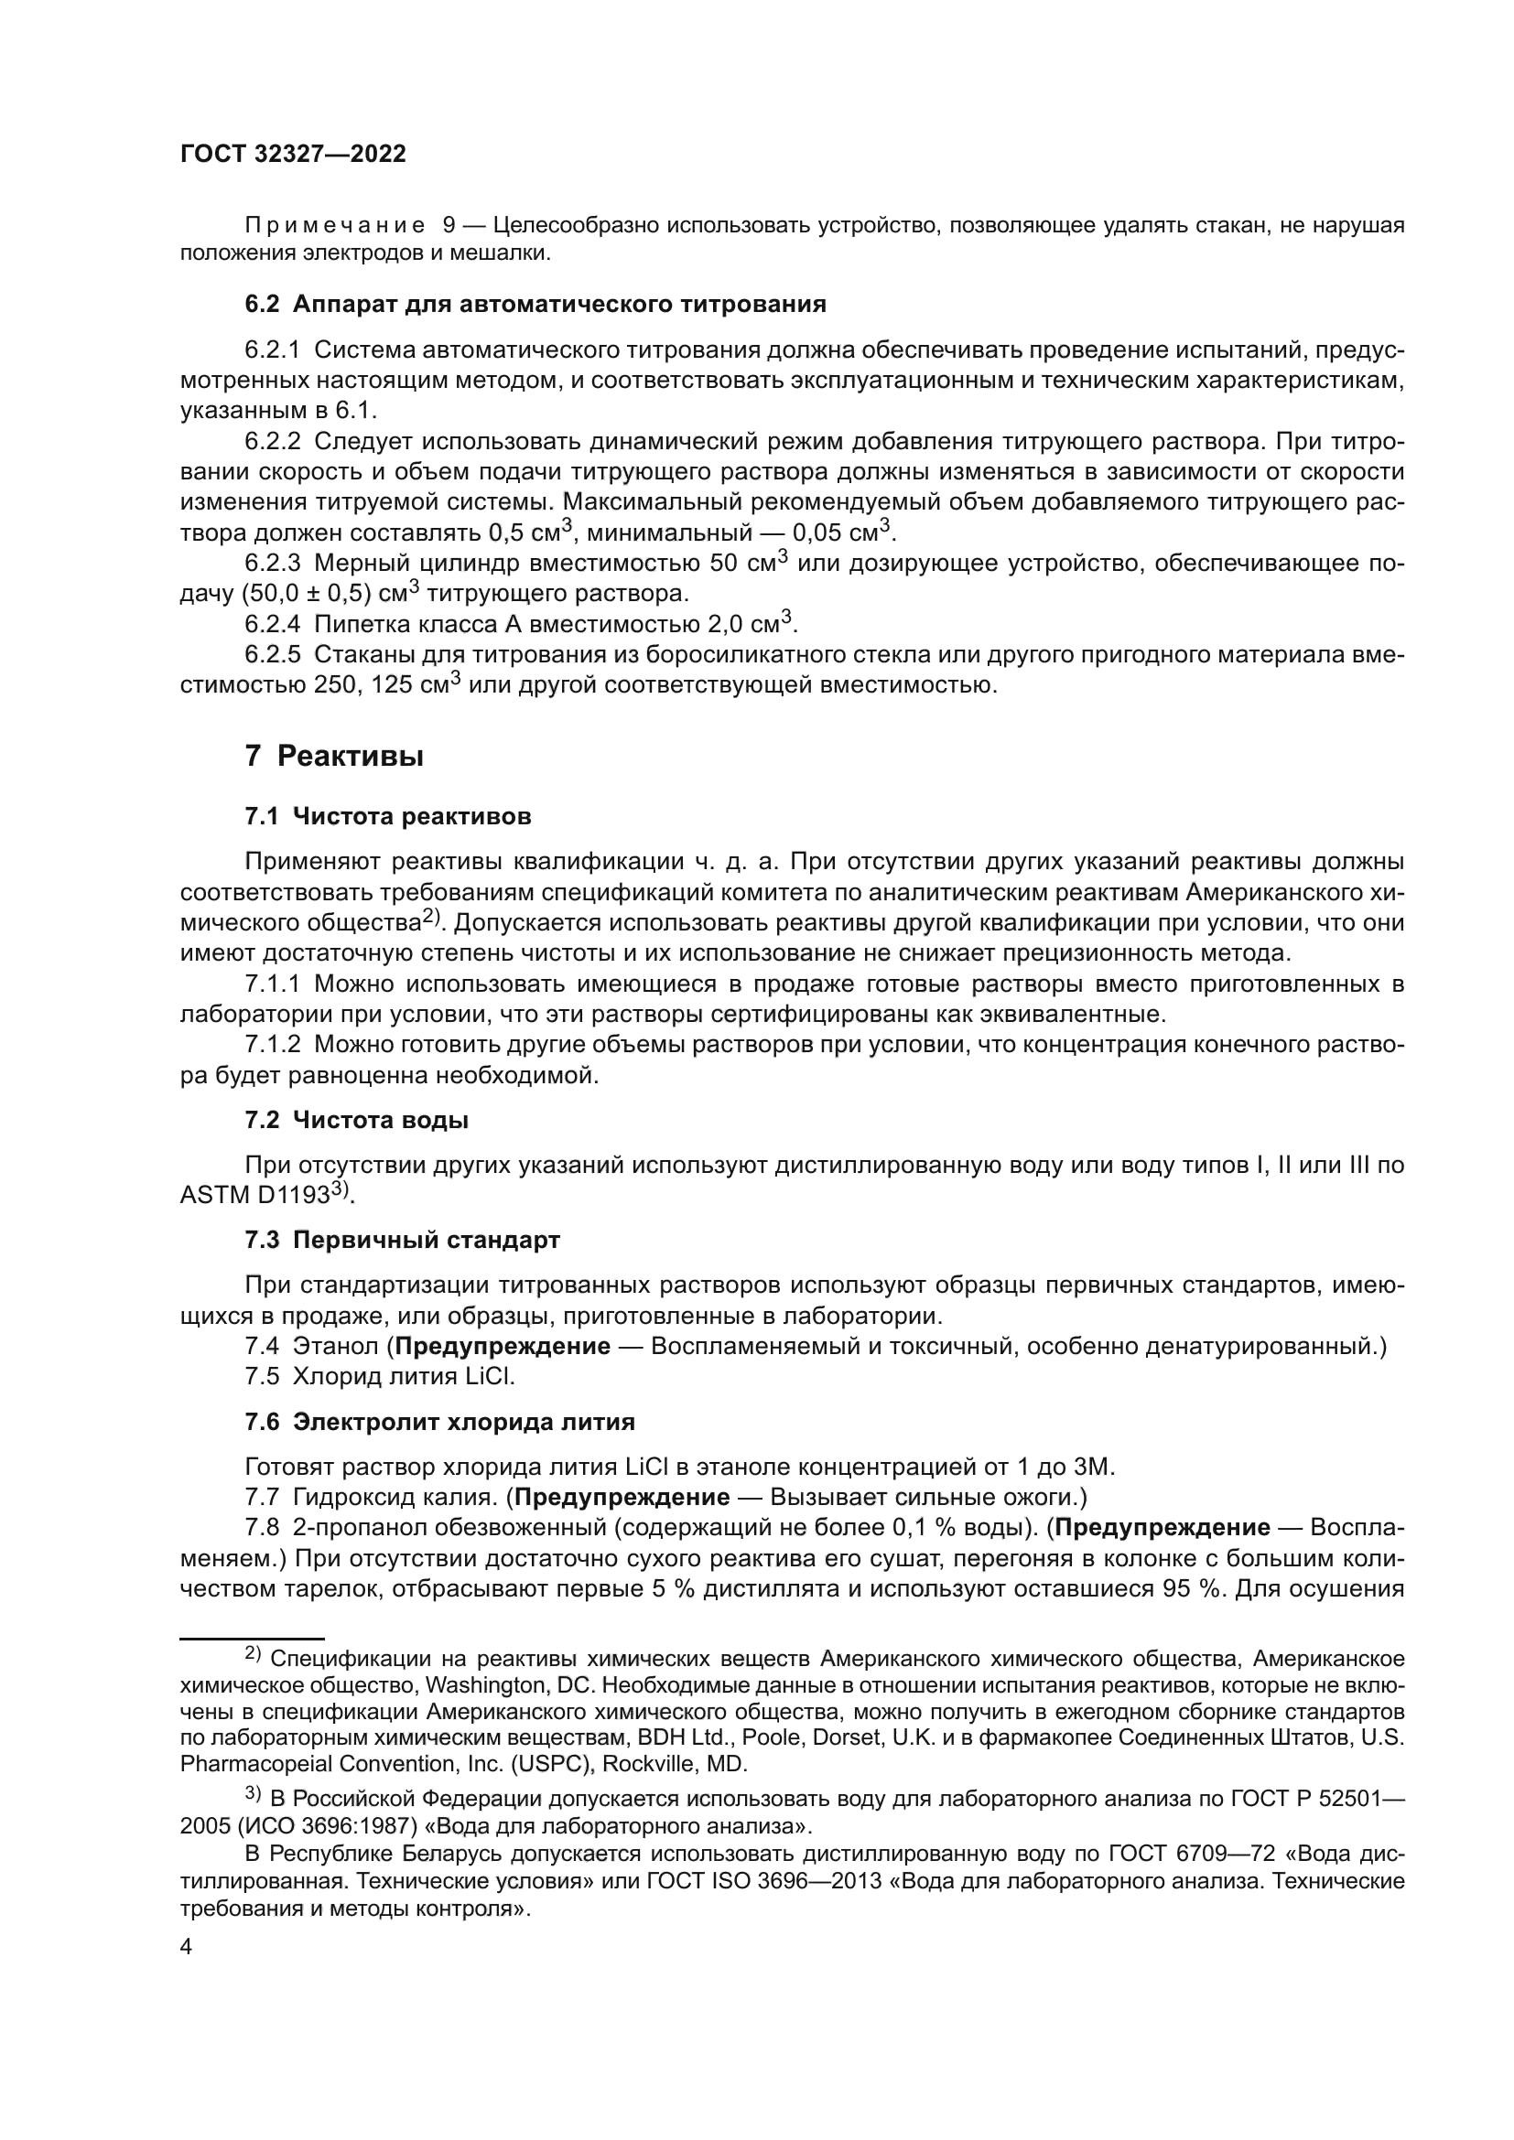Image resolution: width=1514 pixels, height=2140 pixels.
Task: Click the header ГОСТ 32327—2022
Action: (x=293, y=155)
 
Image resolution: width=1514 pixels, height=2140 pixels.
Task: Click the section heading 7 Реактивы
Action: (x=334, y=756)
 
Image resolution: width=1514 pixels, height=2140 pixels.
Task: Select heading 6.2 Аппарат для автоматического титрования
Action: (x=535, y=305)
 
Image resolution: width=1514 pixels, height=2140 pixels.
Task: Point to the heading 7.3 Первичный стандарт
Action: (x=402, y=1240)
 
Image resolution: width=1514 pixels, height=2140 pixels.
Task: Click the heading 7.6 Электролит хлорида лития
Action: (x=439, y=1422)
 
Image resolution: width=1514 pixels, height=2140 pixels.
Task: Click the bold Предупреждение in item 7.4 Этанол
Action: (x=503, y=1346)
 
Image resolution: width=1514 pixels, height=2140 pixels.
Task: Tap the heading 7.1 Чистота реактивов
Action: (x=388, y=816)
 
